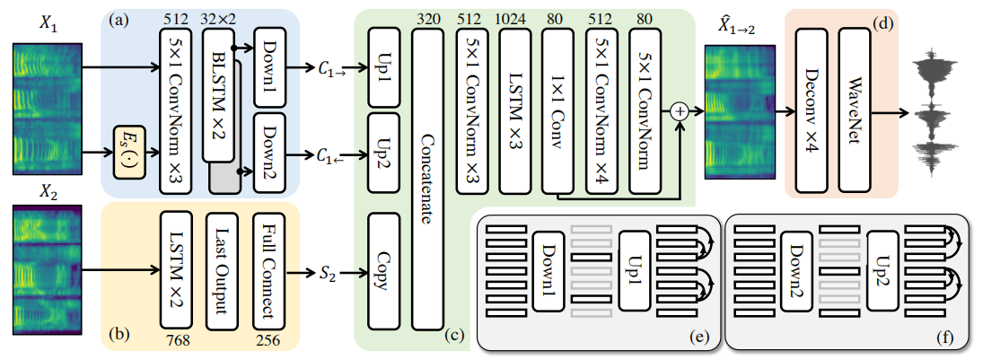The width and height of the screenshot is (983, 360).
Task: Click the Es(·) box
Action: pyautogui.click(x=131, y=142)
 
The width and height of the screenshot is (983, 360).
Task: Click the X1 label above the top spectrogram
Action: pyautogui.click(x=47, y=25)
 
